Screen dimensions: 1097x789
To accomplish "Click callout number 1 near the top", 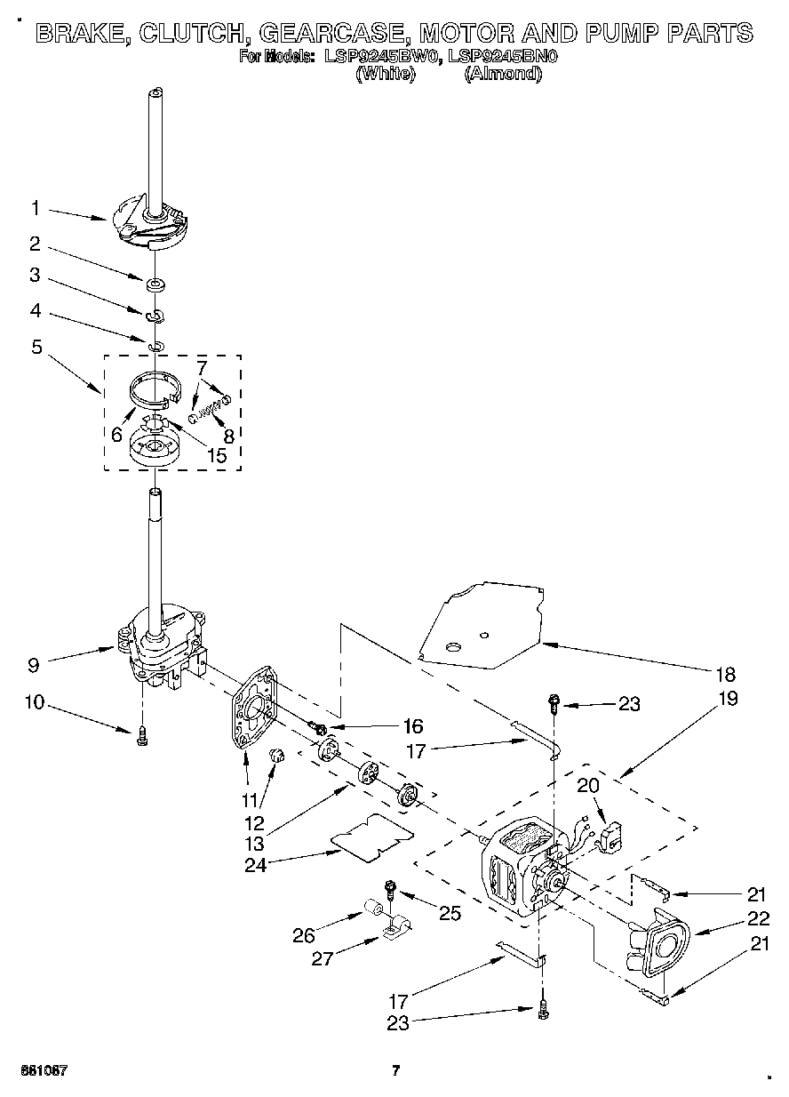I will pos(36,208).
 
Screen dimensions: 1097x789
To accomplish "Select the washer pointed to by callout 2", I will pos(155,284).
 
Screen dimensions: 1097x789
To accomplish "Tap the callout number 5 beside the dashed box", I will pos(36,347).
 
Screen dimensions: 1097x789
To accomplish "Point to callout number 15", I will pos(215,456).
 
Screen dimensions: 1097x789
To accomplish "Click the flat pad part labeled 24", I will pos(372,837).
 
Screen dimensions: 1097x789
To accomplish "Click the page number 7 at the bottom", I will pos(396,1069).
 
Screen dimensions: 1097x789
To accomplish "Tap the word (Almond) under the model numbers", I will pos(503,75).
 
